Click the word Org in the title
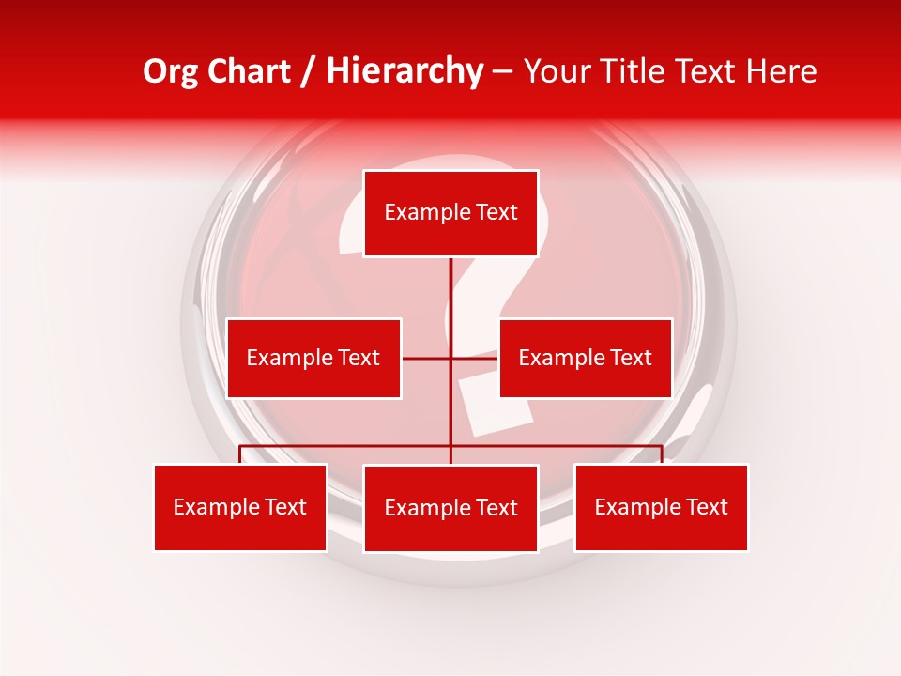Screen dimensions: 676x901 click(x=170, y=71)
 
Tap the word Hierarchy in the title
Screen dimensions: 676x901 click(x=404, y=71)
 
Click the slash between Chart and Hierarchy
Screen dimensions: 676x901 click(x=307, y=72)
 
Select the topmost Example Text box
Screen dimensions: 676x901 click(x=450, y=213)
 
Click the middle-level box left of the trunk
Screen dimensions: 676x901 click(x=313, y=358)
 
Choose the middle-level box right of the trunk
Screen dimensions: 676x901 click(x=585, y=358)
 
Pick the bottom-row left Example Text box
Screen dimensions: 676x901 click(x=240, y=508)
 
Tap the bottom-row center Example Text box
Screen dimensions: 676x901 click(x=450, y=509)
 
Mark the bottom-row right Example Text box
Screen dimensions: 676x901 click(x=662, y=508)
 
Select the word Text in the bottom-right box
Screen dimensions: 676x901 click(x=707, y=508)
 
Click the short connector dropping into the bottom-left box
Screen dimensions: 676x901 click(x=240, y=454)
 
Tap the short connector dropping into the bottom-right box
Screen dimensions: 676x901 click(x=662, y=454)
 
